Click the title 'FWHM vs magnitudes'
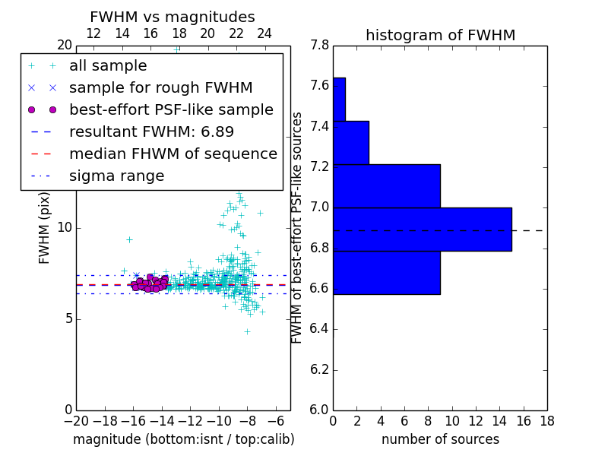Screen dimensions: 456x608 [173, 17]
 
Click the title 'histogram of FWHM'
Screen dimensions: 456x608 [440, 36]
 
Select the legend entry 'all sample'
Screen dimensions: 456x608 [108, 66]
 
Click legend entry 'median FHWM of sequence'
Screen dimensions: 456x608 [173, 154]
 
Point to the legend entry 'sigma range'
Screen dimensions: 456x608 [116, 176]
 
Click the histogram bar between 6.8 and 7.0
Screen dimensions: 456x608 [422, 229]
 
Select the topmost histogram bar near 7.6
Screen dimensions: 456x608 [339, 99]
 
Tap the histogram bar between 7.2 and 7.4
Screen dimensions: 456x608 [350, 142]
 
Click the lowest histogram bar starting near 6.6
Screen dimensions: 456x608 [386, 272]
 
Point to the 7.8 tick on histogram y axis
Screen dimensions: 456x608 [320, 46]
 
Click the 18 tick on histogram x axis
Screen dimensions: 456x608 [546, 420]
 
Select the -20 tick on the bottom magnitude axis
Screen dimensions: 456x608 [76, 420]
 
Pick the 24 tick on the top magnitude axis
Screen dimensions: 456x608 [264, 34]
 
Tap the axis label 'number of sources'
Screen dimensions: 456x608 [440, 439]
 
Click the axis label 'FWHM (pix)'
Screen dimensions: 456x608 [45, 227]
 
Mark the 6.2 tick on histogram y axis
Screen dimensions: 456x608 [320, 369]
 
